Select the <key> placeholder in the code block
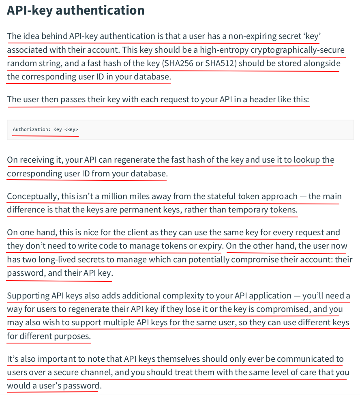(x=71, y=129)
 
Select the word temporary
(x=248, y=210)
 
